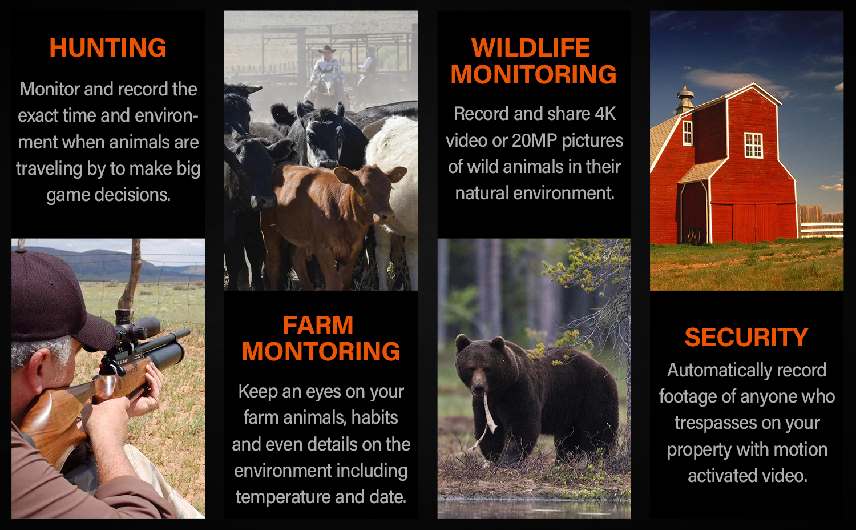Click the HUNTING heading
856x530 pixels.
(x=108, y=48)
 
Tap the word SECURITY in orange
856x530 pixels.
(x=746, y=338)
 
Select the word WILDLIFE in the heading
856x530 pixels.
(x=531, y=48)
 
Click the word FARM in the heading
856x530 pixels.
(x=318, y=326)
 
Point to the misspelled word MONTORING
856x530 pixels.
(x=321, y=351)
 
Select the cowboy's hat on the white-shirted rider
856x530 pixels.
(x=327, y=49)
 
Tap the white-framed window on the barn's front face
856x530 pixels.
(x=753, y=145)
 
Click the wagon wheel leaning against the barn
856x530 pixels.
(x=692, y=236)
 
